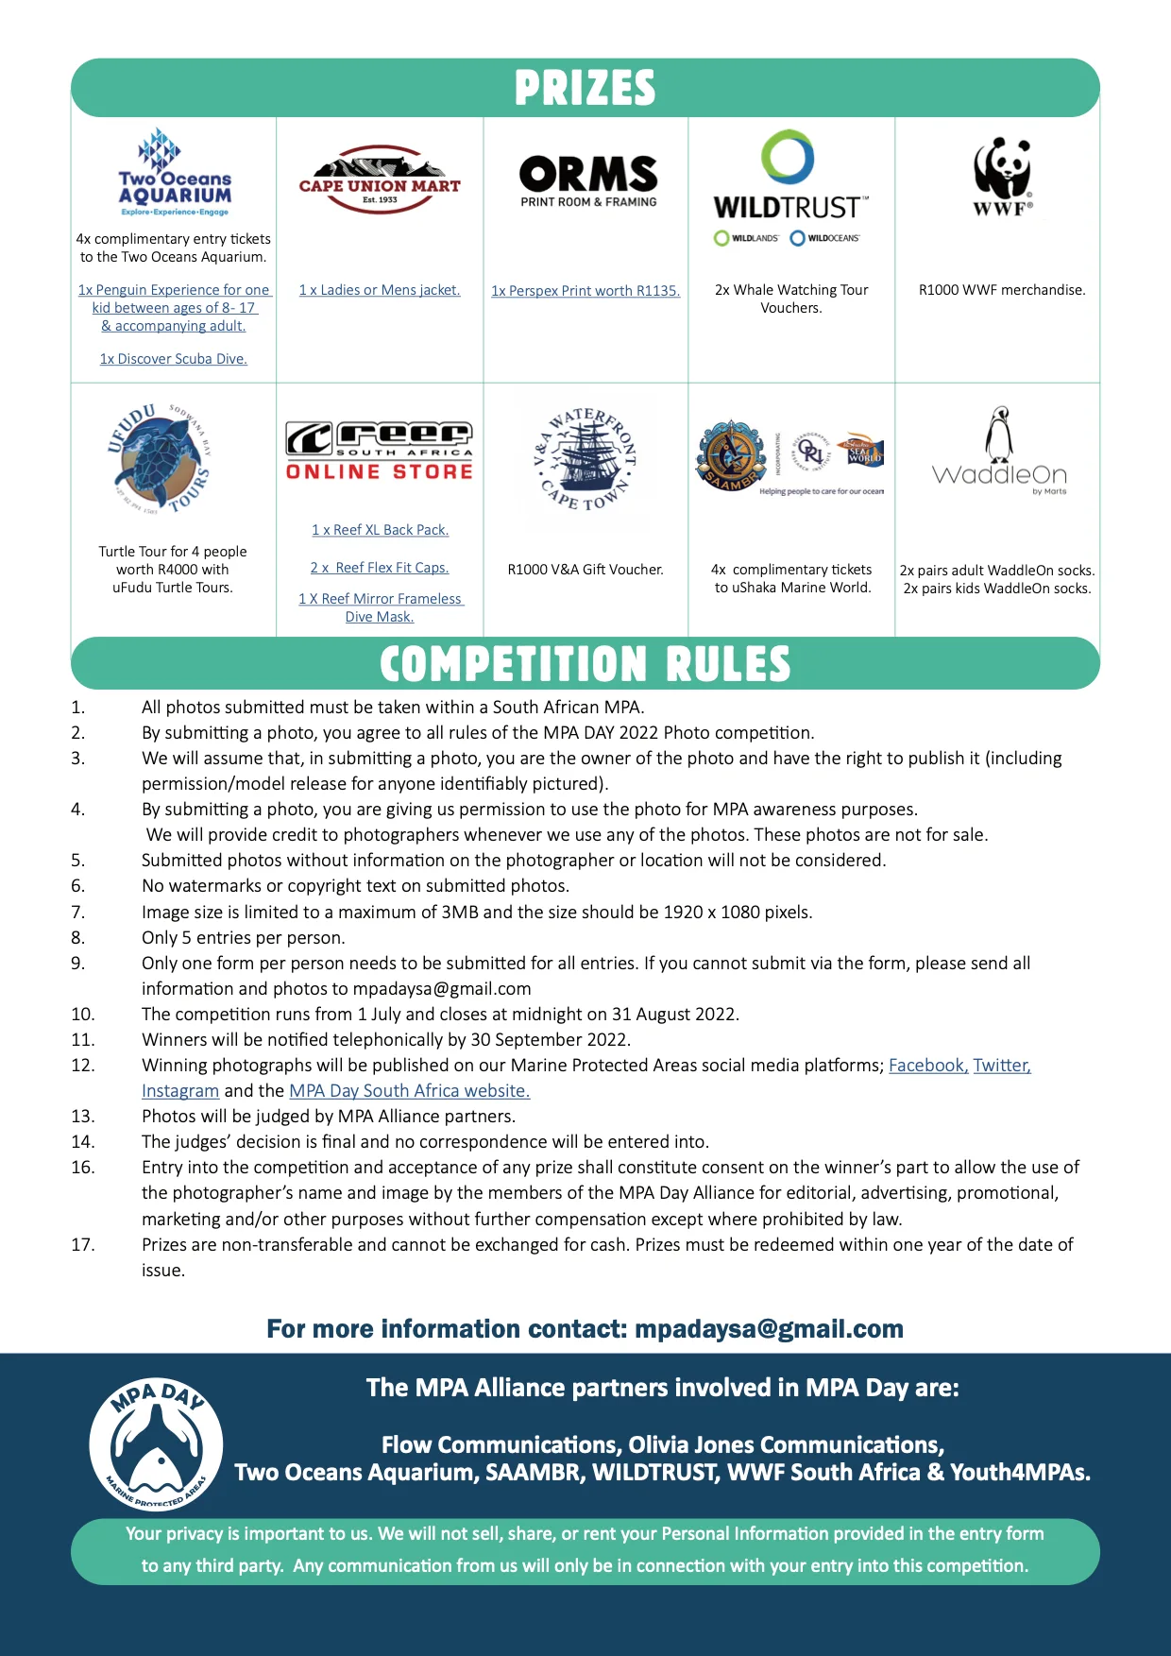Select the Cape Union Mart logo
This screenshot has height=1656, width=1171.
pyautogui.click(x=380, y=179)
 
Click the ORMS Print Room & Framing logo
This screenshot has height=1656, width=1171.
pyautogui.click(x=588, y=180)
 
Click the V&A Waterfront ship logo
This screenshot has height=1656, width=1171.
pyautogui.click(x=585, y=459)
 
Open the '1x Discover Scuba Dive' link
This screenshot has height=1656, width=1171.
pyautogui.click(x=174, y=359)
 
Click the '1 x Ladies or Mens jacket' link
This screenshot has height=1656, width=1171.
pyautogui.click(x=380, y=290)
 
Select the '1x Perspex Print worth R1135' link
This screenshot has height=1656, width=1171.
pyautogui.click(x=585, y=291)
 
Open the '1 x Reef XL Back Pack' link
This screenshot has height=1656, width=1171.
pyautogui.click(x=381, y=530)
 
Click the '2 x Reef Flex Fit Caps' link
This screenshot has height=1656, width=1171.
pyautogui.click(x=380, y=568)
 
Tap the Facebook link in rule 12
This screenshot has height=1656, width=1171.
pyautogui.click(x=927, y=1066)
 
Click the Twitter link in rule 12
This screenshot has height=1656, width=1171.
pyautogui.click(x=1002, y=1066)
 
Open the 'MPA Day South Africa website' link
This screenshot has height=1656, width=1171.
pyautogui.click(x=409, y=1091)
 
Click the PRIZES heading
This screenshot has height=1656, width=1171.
pyautogui.click(x=585, y=88)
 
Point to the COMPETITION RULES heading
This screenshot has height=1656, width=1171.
pyautogui.click(x=585, y=664)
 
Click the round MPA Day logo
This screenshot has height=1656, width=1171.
pyautogui.click(x=156, y=1443)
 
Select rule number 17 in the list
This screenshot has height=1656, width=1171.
pyautogui.click(x=83, y=1245)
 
